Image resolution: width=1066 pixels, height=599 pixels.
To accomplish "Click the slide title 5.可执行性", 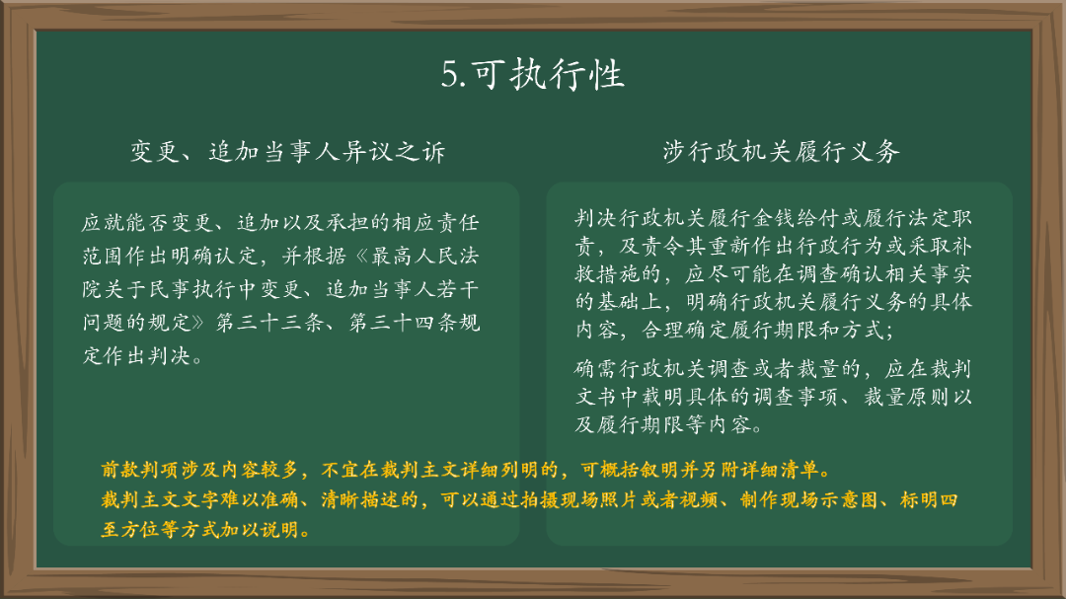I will tap(533, 75).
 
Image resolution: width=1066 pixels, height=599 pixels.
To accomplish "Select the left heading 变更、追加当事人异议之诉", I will tap(287, 151).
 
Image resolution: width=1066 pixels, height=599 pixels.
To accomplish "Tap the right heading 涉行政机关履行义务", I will tap(781, 151).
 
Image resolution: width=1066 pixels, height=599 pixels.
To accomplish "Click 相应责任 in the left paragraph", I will tap(430, 223).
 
